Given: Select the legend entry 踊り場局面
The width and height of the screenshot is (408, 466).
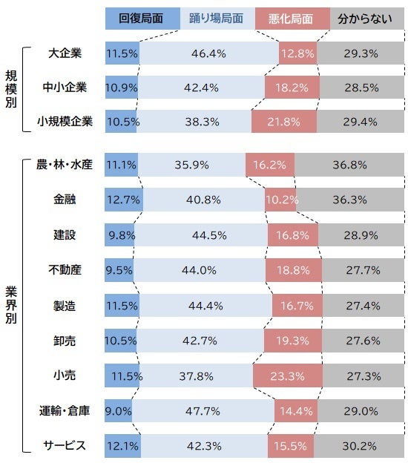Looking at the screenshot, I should pyautogui.click(x=217, y=18).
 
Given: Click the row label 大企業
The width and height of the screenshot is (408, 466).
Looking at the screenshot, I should pyautogui.click(x=65, y=53).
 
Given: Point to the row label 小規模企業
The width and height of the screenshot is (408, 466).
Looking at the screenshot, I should pyautogui.click(x=65, y=122).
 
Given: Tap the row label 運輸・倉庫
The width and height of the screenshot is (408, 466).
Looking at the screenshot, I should pyautogui.click(x=65, y=410).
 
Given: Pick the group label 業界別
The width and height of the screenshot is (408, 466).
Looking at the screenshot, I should pyautogui.click(x=13, y=304).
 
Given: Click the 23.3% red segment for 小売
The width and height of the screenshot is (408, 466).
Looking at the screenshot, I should pyautogui.click(x=286, y=375).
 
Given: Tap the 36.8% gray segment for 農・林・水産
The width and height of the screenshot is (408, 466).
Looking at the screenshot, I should pyautogui.click(x=349, y=165).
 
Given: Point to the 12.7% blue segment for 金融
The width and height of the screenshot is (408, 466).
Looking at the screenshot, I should pyautogui.click(x=123, y=200).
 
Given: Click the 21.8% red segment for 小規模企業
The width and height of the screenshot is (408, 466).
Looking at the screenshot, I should pyautogui.click(x=283, y=122).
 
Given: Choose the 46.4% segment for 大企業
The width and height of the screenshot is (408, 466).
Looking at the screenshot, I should pyautogui.click(x=208, y=53).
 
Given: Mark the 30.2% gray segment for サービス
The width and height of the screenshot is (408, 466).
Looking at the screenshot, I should pyautogui.click(x=358, y=446).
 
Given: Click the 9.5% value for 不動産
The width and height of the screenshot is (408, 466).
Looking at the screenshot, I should pyautogui.click(x=119, y=270).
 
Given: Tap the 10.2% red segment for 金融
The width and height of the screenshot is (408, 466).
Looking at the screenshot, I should pyautogui.click(x=283, y=200).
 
